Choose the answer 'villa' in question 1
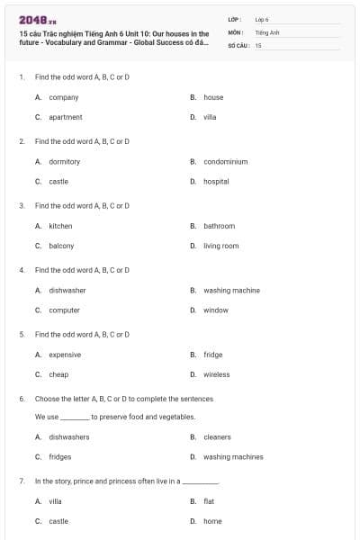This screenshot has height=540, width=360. (210, 117)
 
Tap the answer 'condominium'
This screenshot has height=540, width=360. (225, 162)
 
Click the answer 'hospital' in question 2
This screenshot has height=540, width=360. (216, 182)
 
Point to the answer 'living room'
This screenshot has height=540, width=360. (220, 246)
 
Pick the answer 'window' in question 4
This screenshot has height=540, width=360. (215, 310)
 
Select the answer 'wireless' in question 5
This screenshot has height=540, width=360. (216, 374)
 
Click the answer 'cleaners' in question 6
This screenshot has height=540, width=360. (217, 437)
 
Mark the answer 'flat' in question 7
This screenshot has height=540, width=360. (209, 501)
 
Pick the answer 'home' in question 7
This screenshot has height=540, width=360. (212, 521)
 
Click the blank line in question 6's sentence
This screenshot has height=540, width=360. (75, 418)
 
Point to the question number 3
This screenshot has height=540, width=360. (21, 205)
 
